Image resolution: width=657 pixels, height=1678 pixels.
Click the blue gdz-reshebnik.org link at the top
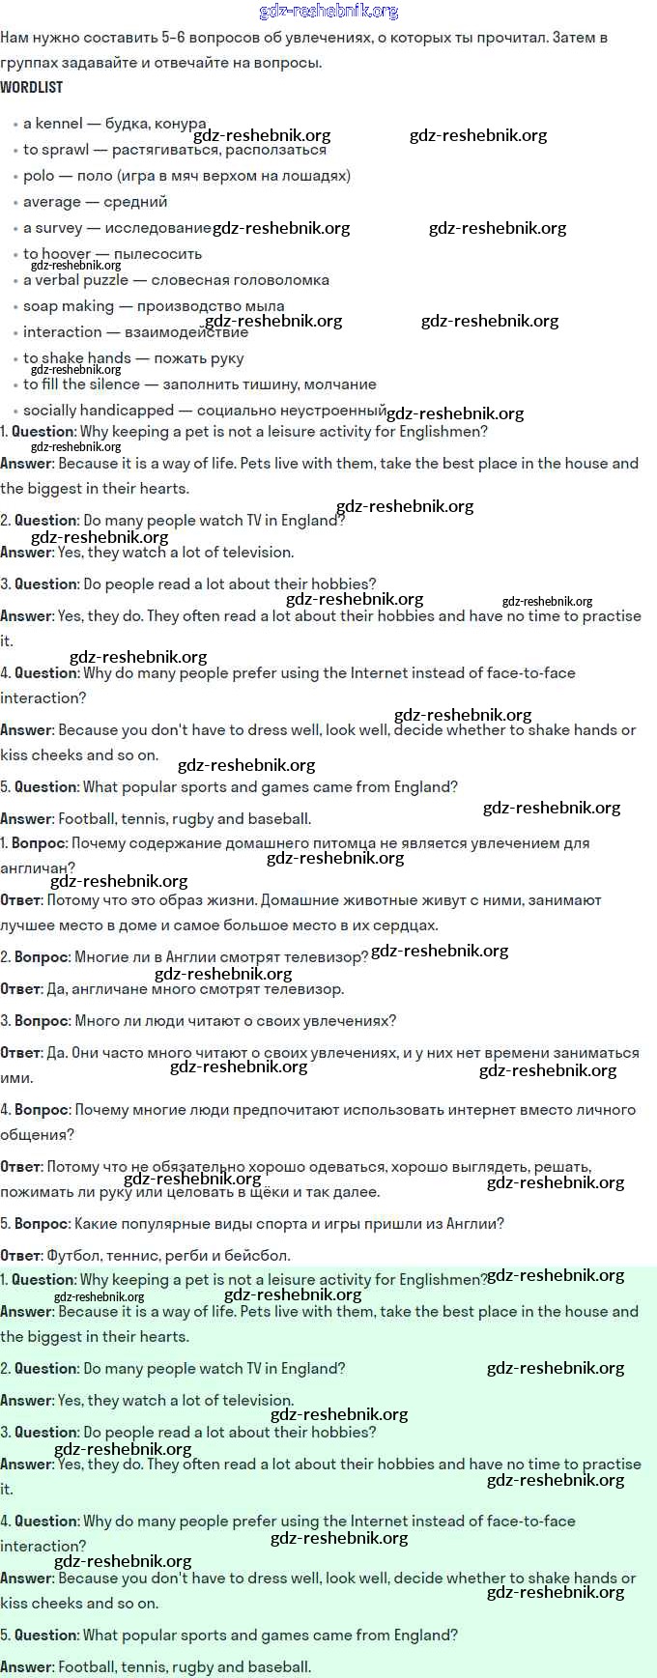[328, 12]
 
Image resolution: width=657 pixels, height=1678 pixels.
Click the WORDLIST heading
[32, 87]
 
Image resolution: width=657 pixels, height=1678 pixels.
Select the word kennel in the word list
[59, 124]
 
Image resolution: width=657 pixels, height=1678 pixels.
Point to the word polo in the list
[39, 176]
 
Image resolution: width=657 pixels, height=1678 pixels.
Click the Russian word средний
[135, 202]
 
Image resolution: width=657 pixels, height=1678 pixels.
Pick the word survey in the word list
[59, 228]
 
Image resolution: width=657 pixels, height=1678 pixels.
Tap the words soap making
[69, 306]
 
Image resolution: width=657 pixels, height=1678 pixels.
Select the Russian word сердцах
[402, 925]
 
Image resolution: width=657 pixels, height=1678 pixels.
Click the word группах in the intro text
[28, 63]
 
